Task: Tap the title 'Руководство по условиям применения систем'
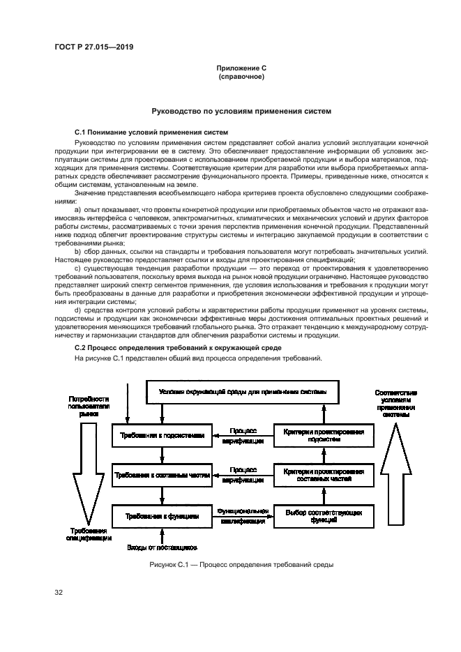[x=241, y=111]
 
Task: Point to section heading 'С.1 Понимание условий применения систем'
[x=151, y=131]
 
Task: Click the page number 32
[x=59, y=593]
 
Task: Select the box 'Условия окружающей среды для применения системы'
[x=242, y=392]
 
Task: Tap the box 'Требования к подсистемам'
[x=161, y=434]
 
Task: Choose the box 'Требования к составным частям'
[x=161, y=475]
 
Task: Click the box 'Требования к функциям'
[x=161, y=516]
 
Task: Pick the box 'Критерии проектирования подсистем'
[x=324, y=435]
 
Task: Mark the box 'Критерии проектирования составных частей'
[x=324, y=476]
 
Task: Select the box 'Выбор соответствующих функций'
[x=324, y=516]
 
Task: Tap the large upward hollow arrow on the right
[x=395, y=474]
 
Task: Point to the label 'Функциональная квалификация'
[x=243, y=515]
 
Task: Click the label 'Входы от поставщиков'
[x=163, y=547]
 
